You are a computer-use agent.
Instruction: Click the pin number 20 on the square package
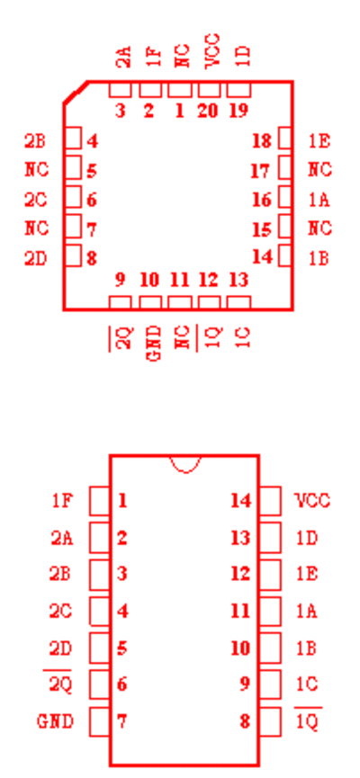click(x=208, y=111)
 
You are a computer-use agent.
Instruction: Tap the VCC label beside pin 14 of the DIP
click(x=313, y=501)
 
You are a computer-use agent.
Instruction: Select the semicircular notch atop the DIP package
click(x=185, y=464)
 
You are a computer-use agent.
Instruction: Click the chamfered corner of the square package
click(x=76, y=93)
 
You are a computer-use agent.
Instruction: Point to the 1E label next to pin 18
click(x=319, y=141)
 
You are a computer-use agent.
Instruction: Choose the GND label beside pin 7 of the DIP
click(x=55, y=721)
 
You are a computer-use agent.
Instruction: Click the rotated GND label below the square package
click(x=155, y=343)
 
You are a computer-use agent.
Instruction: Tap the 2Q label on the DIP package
click(x=60, y=685)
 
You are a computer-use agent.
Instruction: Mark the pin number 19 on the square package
click(x=238, y=111)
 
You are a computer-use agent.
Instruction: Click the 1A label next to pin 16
click(x=319, y=200)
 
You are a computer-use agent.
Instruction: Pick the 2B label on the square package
click(x=35, y=141)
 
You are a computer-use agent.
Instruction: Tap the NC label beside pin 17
click(x=319, y=170)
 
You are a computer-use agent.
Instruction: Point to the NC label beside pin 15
click(x=319, y=228)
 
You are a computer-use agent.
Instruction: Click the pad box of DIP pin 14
click(x=270, y=501)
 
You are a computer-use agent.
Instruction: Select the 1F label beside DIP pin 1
click(x=63, y=501)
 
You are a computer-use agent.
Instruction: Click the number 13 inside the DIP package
click(x=240, y=537)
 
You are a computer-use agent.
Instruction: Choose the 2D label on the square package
click(x=35, y=258)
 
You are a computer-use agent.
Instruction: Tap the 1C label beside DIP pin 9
click(x=307, y=684)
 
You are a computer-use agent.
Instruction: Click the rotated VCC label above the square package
click(x=212, y=51)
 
